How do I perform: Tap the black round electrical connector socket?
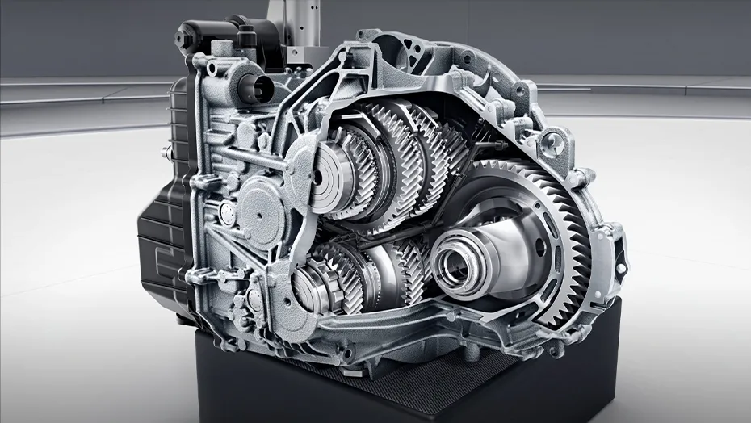click(x=253, y=87)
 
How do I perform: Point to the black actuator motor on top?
click(x=209, y=37)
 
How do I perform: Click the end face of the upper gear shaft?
click(x=323, y=176)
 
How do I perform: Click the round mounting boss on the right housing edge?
click(x=552, y=144)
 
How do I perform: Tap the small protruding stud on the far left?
click(x=166, y=151)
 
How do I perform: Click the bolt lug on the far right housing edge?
click(x=619, y=266)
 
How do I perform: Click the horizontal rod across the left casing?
click(x=242, y=157)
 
